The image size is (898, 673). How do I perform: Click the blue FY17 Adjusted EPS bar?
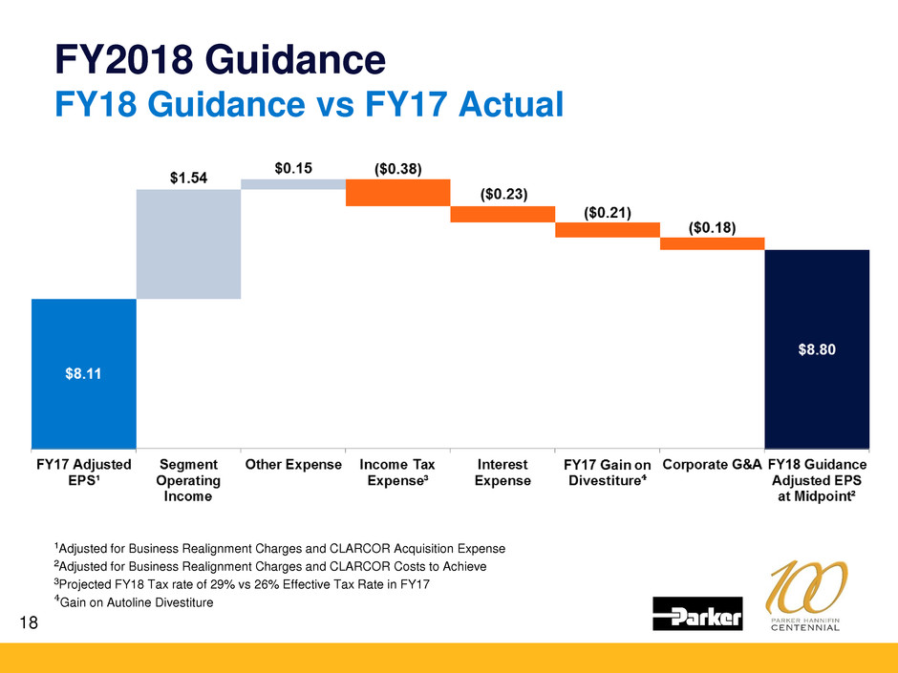84,372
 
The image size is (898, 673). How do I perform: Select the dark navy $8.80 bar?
817,348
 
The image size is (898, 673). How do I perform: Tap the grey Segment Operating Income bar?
188,243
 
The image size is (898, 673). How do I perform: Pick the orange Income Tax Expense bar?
397,193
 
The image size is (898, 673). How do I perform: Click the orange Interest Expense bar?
502,214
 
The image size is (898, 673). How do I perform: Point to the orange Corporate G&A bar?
712,243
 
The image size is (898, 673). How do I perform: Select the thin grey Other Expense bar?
292,184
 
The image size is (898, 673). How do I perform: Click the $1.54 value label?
188,178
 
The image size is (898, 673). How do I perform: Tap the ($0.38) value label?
397,168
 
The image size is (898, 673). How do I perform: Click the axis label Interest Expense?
502,473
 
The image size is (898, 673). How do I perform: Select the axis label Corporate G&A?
712,465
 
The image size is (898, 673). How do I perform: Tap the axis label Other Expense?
293,465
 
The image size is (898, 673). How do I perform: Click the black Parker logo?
697,614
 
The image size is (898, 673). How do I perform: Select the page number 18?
32,622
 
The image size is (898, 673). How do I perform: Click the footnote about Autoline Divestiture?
134,602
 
